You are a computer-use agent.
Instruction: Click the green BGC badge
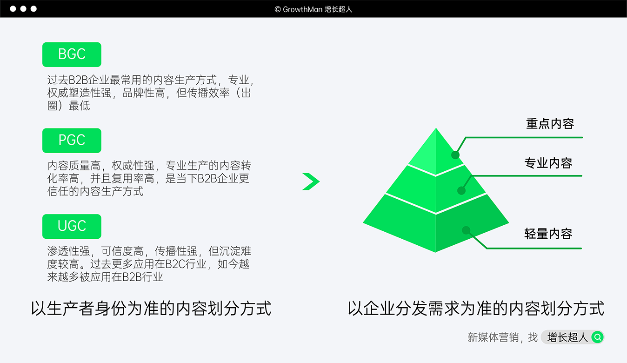(72, 54)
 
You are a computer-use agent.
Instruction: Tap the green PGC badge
(72, 141)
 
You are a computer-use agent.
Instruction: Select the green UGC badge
(72, 226)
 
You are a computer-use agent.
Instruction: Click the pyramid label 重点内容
(550, 123)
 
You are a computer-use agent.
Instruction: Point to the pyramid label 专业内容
(548, 163)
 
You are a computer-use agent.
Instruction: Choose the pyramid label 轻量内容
(548, 234)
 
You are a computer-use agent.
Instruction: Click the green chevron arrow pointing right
(311, 181)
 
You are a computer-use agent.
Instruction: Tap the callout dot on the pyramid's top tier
(455, 155)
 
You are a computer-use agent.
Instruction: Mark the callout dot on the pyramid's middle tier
(461, 191)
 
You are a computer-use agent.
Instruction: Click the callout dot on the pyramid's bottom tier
(466, 230)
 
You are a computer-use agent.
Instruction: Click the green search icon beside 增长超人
(597, 337)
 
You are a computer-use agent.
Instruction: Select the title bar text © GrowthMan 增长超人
(313, 9)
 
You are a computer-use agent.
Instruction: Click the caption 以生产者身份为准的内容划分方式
(151, 309)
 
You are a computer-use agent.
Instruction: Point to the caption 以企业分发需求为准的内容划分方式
(476, 309)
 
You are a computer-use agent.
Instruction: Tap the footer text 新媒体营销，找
(503, 337)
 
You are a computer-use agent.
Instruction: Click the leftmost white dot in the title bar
(13, 9)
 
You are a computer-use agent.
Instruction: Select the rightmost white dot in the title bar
(33, 9)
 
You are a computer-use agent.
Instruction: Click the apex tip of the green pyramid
(436, 128)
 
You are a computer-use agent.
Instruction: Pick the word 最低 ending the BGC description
(80, 106)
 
